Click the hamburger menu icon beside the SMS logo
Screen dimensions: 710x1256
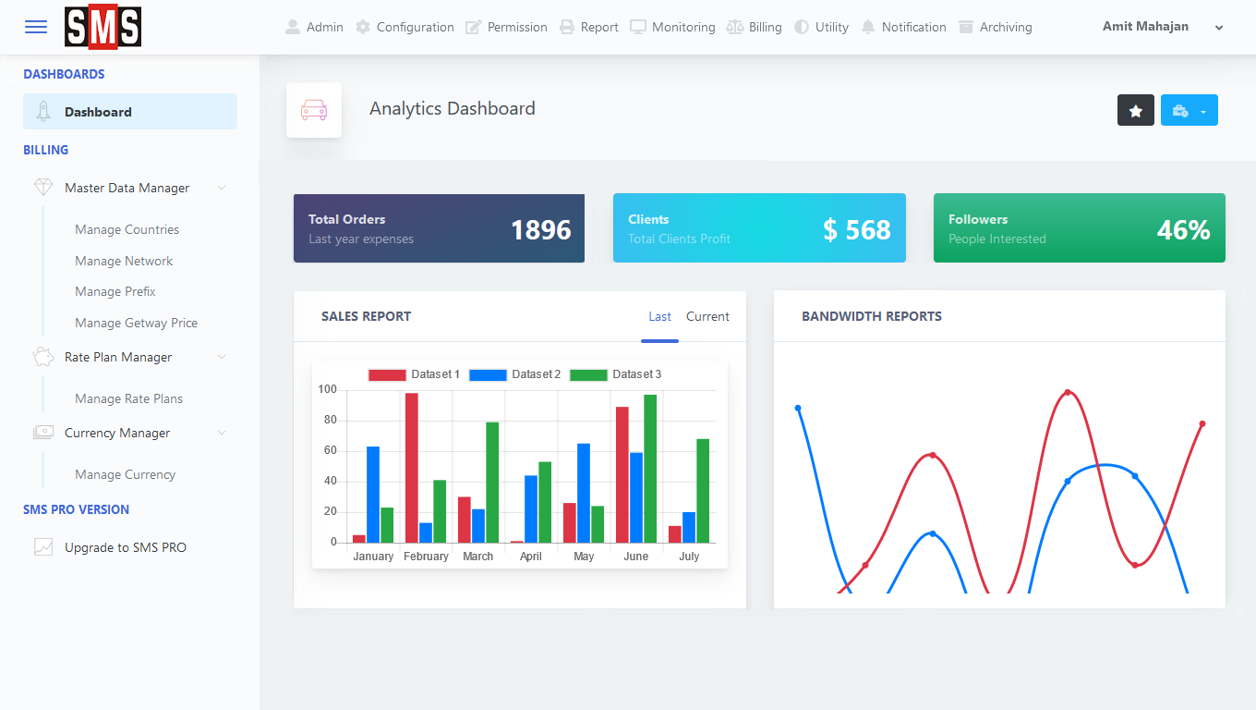coord(36,27)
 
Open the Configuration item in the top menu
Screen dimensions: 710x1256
coord(405,27)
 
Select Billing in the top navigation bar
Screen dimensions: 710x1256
coord(755,27)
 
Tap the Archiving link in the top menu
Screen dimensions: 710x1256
coord(996,27)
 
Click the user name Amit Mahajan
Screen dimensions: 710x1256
coord(1145,26)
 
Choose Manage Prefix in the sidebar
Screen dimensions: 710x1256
coord(115,291)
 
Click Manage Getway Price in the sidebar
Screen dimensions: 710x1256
coord(136,323)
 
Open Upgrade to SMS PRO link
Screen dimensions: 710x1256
coord(125,547)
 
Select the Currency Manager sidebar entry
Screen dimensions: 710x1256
coord(117,433)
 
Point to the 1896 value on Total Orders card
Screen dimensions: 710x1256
coord(540,229)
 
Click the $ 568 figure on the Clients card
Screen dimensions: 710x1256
coord(857,229)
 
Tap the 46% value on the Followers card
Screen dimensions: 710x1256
coord(1183,229)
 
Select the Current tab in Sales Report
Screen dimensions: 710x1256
coord(707,316)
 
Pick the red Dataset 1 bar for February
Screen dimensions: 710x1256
coord(412,468)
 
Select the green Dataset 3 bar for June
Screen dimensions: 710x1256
coord(650,469)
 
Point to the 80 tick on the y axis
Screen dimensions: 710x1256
coord(330,420)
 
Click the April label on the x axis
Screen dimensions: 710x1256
coord(531,557)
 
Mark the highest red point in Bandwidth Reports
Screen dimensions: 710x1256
coord(1068,392)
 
